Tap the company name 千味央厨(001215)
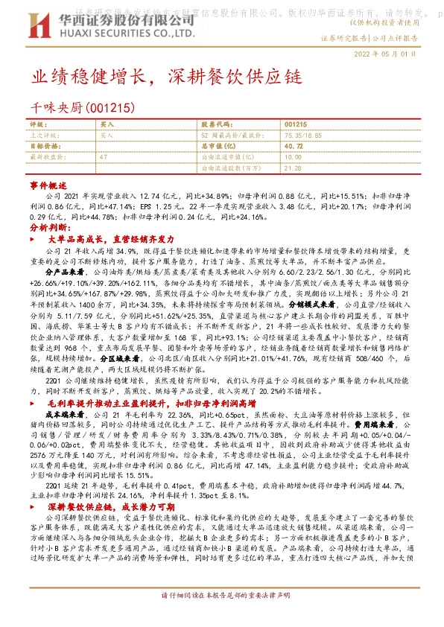81,107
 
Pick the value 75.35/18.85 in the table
302,136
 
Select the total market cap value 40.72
294,147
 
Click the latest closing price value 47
104,157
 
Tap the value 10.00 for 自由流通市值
294,157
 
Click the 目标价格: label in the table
44,147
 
